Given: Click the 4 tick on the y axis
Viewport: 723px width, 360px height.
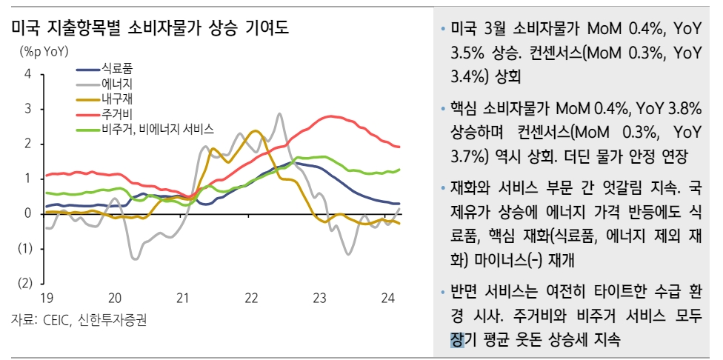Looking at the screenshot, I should click(x=27, y=74).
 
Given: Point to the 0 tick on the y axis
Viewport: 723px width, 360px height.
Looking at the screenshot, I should click(x=27, y=214).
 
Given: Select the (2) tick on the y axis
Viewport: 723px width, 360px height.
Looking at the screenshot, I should click(x=25, y=284).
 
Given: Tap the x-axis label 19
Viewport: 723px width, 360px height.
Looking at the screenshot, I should click(x=46, y=299).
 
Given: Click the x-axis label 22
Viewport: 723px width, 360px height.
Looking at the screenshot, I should click(x=251, y=299).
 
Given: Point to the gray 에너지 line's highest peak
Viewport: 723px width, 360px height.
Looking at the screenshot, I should click(x=279, y=114).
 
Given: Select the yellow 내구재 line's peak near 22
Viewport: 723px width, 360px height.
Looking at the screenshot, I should click(x=255, y=131).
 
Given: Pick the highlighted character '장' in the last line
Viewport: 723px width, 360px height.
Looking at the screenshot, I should click(x=456, y=339).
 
